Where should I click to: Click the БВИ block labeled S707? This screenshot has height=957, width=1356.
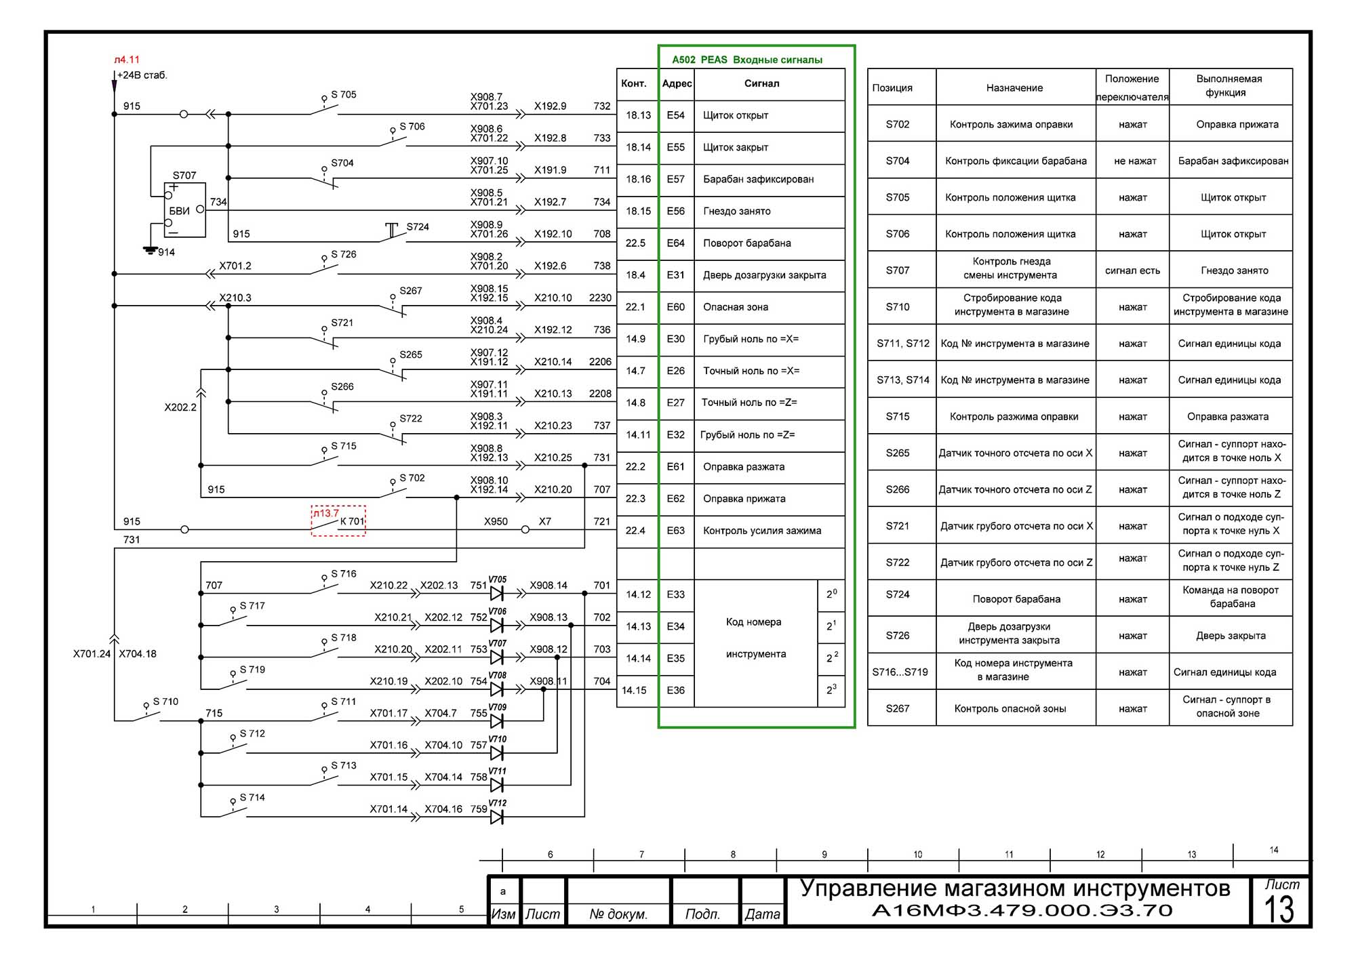pyautogui.click(x=185, y=210)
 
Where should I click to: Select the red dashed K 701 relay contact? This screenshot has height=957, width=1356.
pyautogui.click(x=338, y=521)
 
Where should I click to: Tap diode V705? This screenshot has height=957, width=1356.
pyautogui.click(x=496, y=593)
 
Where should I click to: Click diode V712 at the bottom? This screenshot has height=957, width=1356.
pyautogui.click(x=496, y=817)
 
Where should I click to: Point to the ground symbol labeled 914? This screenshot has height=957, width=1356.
pyautogui.click(x=151, y=250)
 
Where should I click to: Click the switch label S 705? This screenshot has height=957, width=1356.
pyautogui.click(x=343, y=94)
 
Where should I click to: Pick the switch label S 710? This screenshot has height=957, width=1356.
pyautogui.click(x=165, y=701)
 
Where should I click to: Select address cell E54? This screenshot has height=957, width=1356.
pyautogui.click(x=675, y=115)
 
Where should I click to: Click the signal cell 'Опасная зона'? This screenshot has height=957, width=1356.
pyautogui.click(x=736, y=307)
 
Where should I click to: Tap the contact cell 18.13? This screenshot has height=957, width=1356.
pyautogui.click(x=638, y=115)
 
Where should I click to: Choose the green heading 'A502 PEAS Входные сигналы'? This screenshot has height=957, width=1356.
pyautogui.click(x=747, y=60)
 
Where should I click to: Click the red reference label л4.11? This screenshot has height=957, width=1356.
pyautogui.click(x=127, y=60)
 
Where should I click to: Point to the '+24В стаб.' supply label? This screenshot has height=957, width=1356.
pyautogui.click(x=142, y=75)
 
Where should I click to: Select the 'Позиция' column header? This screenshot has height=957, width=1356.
pyautogui.click(x=892, y=87)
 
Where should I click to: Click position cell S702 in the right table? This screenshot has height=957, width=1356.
pyautogui.click(x=898, y=124)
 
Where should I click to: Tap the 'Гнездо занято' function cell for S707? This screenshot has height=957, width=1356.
pyautogui.click(x=1234, y=270)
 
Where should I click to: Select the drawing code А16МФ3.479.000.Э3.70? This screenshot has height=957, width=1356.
pyautogui.click(x=1022, y=910)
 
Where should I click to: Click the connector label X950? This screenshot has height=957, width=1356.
pyautogui.click(x=496, y=521)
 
